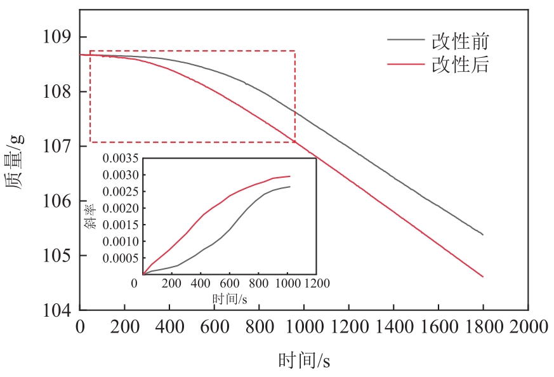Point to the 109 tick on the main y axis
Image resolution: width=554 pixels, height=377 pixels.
pos(56,37)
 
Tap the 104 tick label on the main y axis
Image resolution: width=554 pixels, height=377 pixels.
pos(56,310)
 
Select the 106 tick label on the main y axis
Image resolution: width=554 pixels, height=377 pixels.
pos(56,201)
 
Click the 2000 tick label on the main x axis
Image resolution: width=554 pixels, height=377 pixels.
pos(529,327)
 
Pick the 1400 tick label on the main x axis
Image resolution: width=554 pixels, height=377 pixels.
pos(393,327)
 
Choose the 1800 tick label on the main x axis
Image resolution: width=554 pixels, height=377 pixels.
pos(484,327)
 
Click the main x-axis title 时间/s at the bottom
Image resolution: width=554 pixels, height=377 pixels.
pos(304,361)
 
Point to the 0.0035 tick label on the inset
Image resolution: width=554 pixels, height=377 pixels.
pos(122,159)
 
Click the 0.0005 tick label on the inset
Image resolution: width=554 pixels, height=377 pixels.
pos(122,258)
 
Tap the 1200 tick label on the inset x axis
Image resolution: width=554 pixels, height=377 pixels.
pos(315,283)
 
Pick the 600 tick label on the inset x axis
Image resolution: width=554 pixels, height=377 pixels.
pos(230,283)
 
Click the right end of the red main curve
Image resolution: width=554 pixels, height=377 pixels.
pos(484,277)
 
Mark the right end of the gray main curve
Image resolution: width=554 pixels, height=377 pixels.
pos(484,235)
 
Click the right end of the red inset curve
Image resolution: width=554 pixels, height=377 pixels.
pos(290,176)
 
